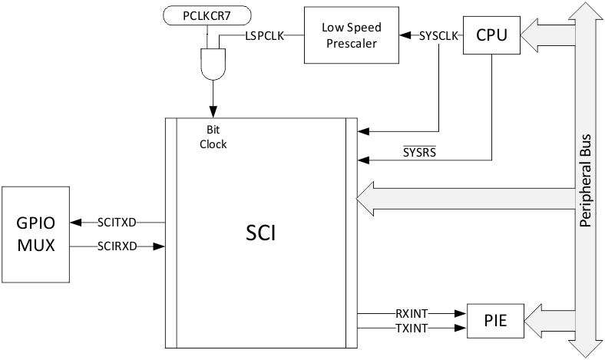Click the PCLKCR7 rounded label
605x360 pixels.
[207, 15]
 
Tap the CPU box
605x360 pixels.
[491, 35]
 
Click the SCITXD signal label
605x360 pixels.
[117, 223]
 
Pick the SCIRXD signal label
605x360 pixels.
[117, 246]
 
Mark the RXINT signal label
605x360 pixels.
[411, 312]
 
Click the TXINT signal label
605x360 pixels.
[411, 328]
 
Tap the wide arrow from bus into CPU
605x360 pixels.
[547, 35]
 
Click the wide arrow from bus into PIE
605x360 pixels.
[547, 319]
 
